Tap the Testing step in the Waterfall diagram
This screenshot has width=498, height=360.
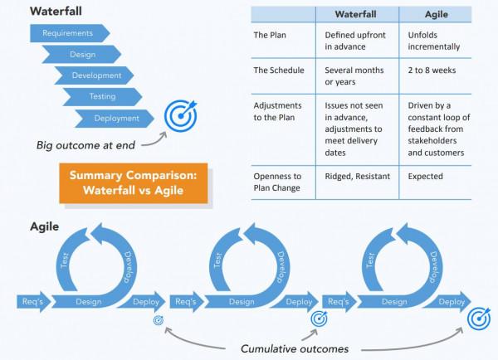tap(103, 97)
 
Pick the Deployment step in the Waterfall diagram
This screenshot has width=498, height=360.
tap(115, 119)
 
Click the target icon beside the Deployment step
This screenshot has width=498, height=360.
tap(180, 117)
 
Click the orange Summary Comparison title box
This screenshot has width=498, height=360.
tap(133, 182)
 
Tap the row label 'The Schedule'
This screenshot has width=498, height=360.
tap(279, 71)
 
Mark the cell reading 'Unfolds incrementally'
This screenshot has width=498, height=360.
tap(434, 41)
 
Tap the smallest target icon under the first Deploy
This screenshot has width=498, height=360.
tap(159, 320)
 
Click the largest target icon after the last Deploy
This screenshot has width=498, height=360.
tap(479, 319)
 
